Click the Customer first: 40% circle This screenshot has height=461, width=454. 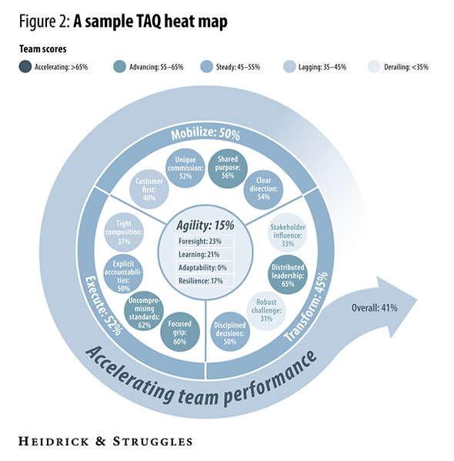149,189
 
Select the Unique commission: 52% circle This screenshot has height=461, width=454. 185,168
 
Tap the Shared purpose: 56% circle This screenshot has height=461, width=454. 228,169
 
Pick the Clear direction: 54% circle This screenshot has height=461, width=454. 263,189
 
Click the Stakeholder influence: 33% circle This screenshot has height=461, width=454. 287,232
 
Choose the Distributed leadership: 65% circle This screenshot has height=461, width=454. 288,275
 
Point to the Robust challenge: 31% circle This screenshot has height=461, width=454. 266,311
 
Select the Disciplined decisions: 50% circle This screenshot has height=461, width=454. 230,332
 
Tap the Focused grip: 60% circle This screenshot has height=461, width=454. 180,332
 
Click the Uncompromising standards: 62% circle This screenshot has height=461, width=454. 144,311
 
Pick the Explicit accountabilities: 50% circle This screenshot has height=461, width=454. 123,274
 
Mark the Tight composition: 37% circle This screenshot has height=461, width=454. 124,232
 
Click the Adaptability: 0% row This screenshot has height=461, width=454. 205,268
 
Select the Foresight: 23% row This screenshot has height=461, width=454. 205,242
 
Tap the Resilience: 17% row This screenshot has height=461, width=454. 205,280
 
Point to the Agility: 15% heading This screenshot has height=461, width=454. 205,225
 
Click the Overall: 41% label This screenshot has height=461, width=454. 374,308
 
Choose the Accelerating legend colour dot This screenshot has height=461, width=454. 25,66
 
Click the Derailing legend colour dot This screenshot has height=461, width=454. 374,66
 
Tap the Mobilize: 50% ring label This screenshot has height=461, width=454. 205,134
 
